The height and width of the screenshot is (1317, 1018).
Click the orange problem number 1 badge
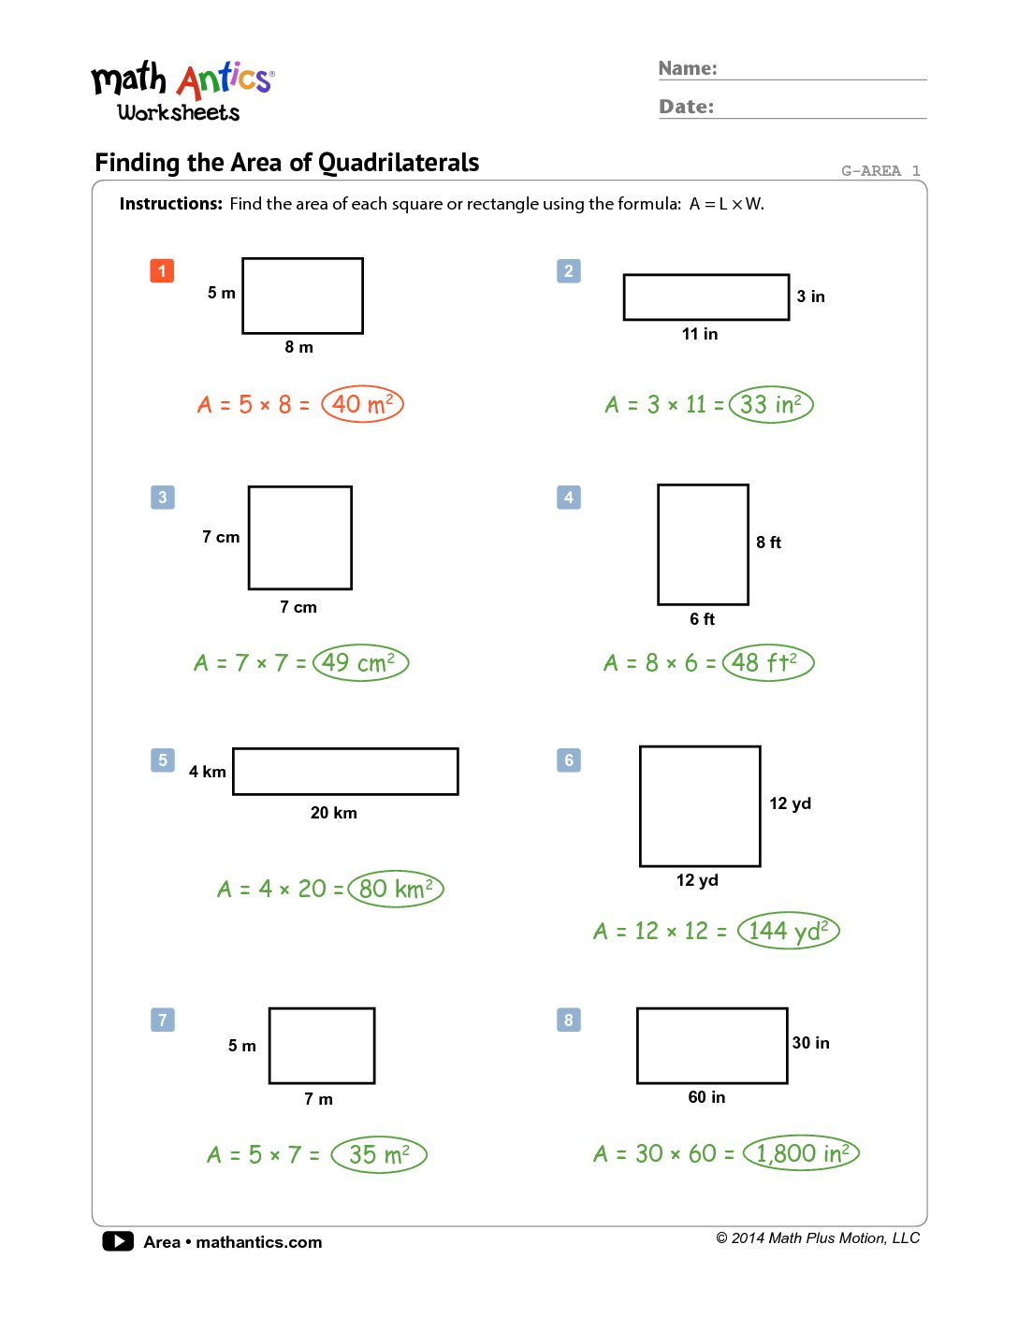point(162,271)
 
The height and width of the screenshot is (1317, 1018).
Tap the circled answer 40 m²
point(362,404)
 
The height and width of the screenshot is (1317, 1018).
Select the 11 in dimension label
point(700,334)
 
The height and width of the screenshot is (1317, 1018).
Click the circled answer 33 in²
point(771,404)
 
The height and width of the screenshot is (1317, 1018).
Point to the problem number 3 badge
point(163,498)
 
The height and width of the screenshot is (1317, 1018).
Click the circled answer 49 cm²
point(360,663)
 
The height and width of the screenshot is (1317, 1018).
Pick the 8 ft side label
point(768,543)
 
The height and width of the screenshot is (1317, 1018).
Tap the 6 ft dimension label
point(702,619)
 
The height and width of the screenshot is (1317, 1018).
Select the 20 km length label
point(334,813)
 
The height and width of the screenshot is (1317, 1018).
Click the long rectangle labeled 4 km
point(345,772)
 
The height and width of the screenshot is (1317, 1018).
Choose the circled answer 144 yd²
point(788,931)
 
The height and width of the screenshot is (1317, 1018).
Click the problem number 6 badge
point(569,760)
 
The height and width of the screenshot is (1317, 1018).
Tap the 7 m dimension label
point(318,1099)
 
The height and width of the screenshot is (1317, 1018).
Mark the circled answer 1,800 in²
point(801,1153)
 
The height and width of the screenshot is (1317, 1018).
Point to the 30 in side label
point(810,1043)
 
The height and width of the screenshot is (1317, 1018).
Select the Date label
point(686,107)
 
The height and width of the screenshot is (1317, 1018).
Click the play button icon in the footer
point(118,1241)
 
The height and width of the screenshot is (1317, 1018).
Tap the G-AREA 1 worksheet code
point(880,170)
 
